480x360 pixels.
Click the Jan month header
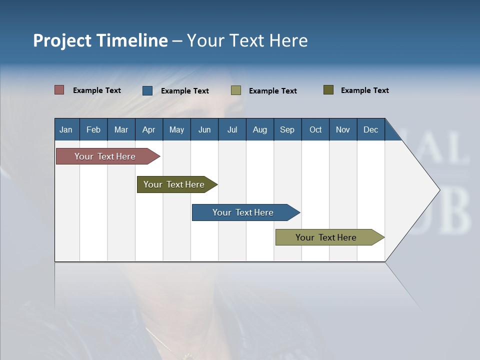[66, 129]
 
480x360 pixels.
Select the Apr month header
[148, 129]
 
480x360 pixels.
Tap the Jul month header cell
[232, 129]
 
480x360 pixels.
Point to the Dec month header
[370, 129]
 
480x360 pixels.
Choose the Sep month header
[287, 129]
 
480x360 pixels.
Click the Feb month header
[93, 129]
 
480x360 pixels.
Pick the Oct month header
[315, 129]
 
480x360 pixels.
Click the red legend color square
[59, 90]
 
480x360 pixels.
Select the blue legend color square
[147, 90]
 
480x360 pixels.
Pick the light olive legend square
[236, 90]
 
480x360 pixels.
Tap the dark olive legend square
[328, 90]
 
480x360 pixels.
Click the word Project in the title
[62, 40]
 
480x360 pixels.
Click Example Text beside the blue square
[185, 91]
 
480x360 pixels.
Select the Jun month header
[204, 129]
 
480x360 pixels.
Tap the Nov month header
[343, 129]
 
